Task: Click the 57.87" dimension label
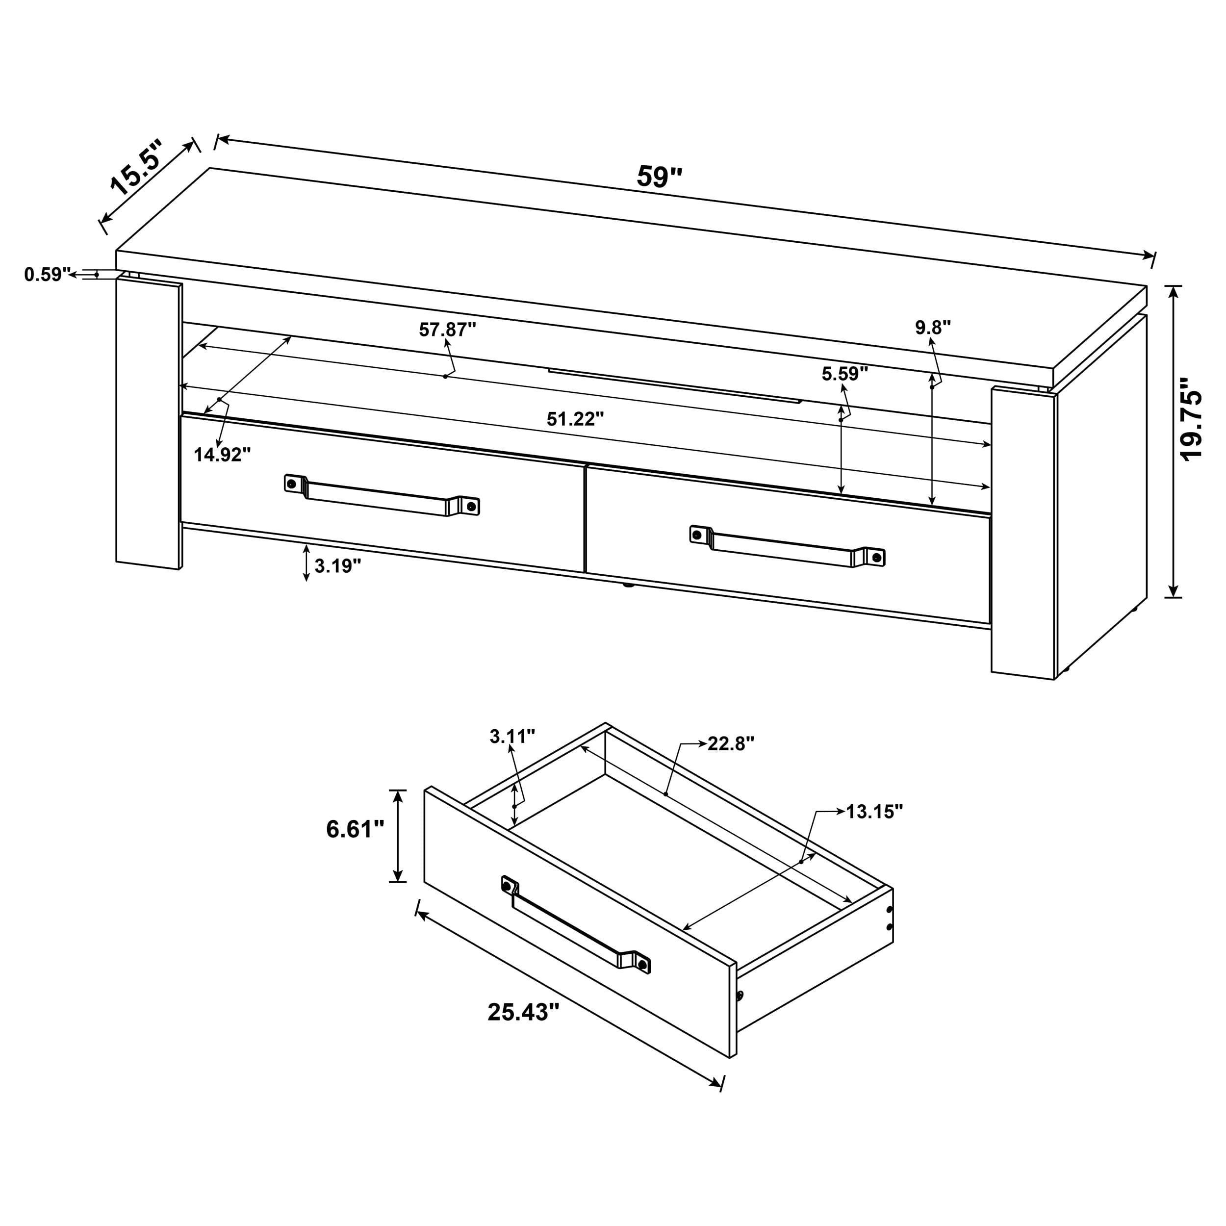click(447, 330)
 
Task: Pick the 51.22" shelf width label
click(575, 419)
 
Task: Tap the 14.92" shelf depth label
click(222, 455)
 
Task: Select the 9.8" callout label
click(932, 328)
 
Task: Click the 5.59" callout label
click(844, 374)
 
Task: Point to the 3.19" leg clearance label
click(337, 565)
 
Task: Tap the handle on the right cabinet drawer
click(787, 546)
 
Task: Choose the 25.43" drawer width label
click(523, 1012)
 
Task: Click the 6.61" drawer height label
click(355, 829)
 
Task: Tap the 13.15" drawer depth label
click(874, 812)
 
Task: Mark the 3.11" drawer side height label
click(511, 736)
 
